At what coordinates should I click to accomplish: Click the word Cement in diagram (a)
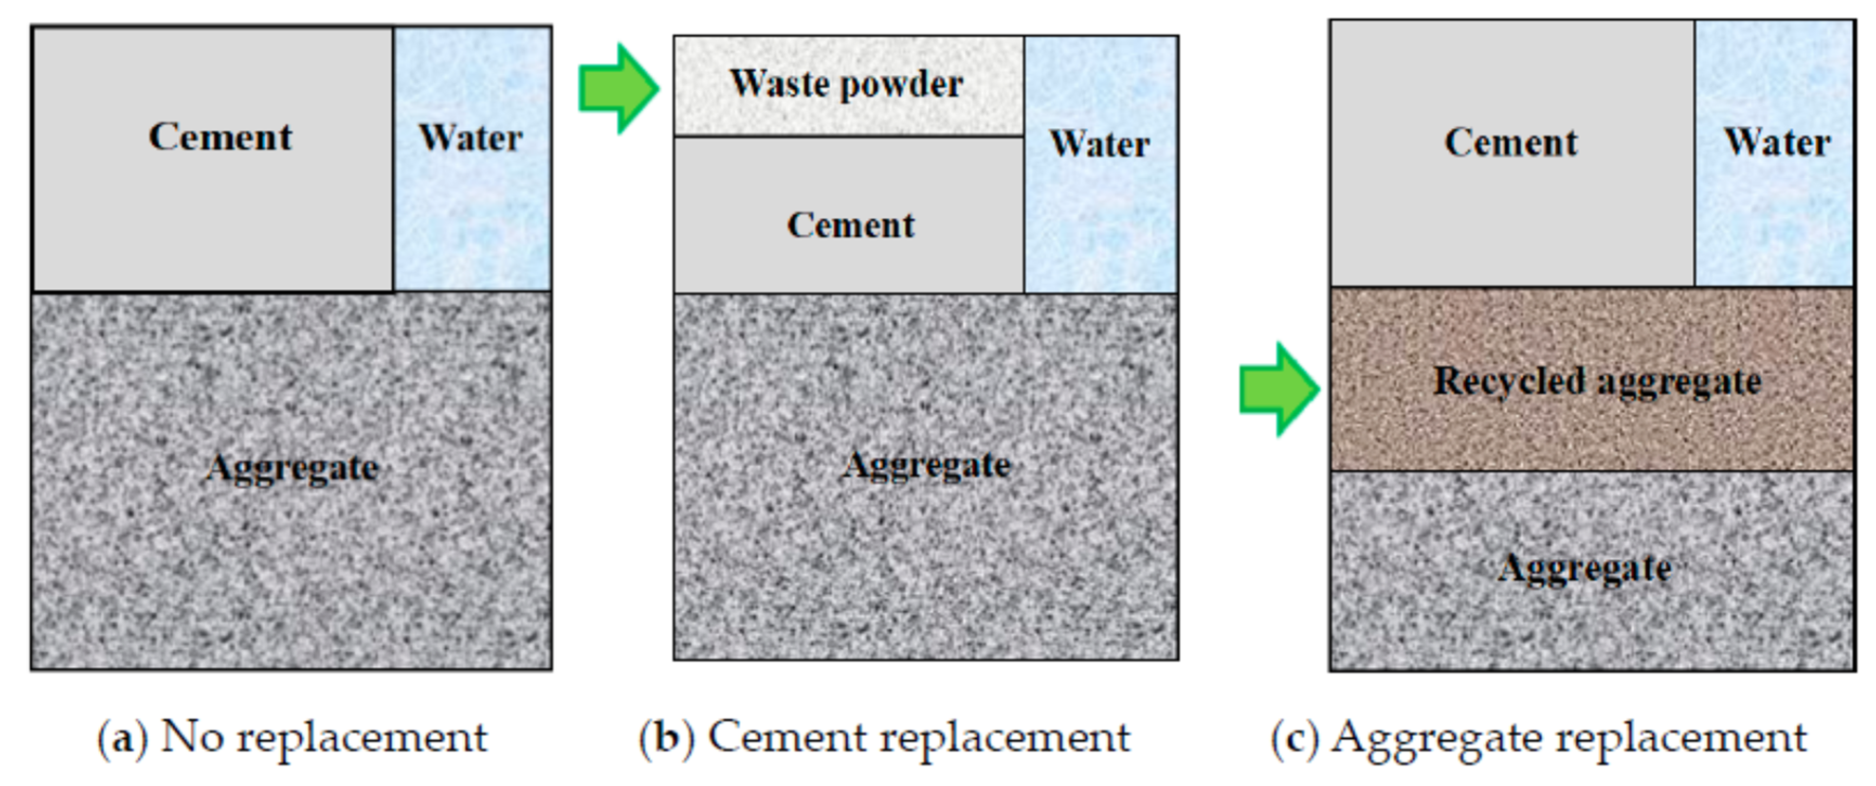pos(220,137)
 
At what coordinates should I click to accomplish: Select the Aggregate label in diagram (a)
pos(292,468)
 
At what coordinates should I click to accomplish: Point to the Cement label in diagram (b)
pos(851,225)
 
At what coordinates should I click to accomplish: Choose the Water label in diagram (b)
pos(1100,144)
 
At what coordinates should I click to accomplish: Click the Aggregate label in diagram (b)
pos(926,465)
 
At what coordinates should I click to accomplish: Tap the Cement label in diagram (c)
pos(1511,142)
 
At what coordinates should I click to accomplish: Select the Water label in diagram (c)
pos(1777,142)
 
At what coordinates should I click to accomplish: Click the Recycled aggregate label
pos(1597,381)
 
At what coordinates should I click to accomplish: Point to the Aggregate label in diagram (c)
pos(1585,568)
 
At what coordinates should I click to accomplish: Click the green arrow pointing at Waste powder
pos(618,89)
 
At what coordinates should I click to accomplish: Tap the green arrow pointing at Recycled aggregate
pos(1279,389)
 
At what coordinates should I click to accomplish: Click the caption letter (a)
pos(122,737)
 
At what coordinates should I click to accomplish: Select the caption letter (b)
pos(666,737)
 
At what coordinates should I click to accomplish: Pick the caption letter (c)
pos(1295,737)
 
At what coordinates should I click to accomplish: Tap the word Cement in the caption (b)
pos(787,737)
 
